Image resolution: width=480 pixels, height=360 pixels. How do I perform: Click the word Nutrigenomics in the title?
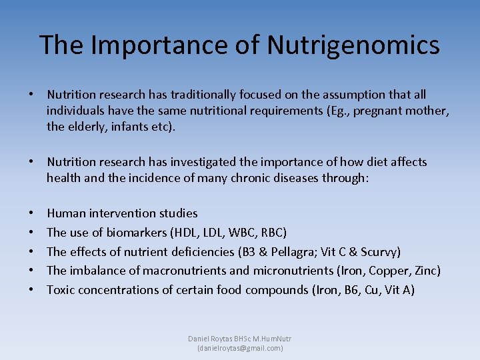tap(353, 45)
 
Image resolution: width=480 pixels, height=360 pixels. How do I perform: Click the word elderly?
tap(87, 127)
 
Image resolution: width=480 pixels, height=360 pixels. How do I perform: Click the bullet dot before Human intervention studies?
tap(32, 214)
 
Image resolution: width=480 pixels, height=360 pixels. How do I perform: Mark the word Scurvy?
tap(377, 252)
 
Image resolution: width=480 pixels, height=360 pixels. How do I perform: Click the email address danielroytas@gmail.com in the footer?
tap(240, 348)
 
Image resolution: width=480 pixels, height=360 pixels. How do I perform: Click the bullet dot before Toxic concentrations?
tap(32, 291)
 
